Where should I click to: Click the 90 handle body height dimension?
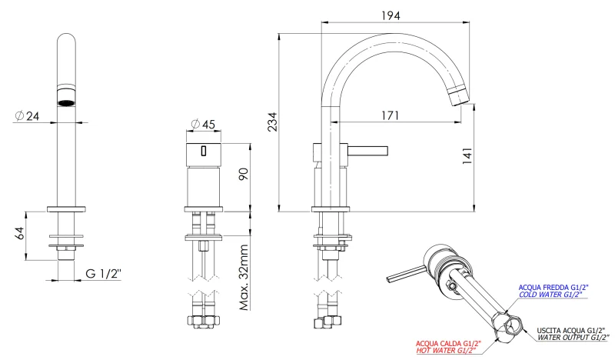(244, 173)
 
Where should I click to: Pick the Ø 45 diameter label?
(204, 124)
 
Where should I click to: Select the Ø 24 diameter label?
(29, 116)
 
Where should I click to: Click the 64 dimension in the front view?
(21, 234)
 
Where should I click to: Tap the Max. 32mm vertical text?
(244, 277)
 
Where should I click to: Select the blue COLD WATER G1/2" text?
(550, 295)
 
